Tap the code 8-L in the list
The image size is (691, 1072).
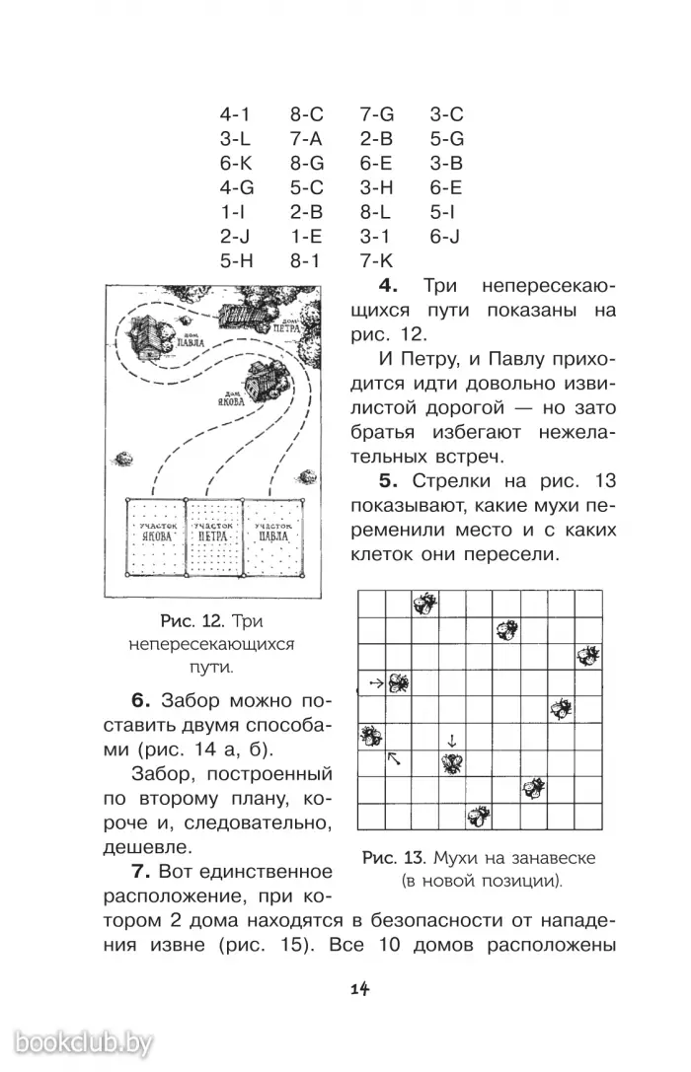376,212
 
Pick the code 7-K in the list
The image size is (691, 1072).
376,261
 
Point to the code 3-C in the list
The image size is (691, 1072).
446,114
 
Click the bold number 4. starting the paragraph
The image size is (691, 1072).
387,286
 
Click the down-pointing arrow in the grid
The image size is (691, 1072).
451,740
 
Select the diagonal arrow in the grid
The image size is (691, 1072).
395,758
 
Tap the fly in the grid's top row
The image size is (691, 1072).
425,603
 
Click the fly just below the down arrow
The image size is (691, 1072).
452,762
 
